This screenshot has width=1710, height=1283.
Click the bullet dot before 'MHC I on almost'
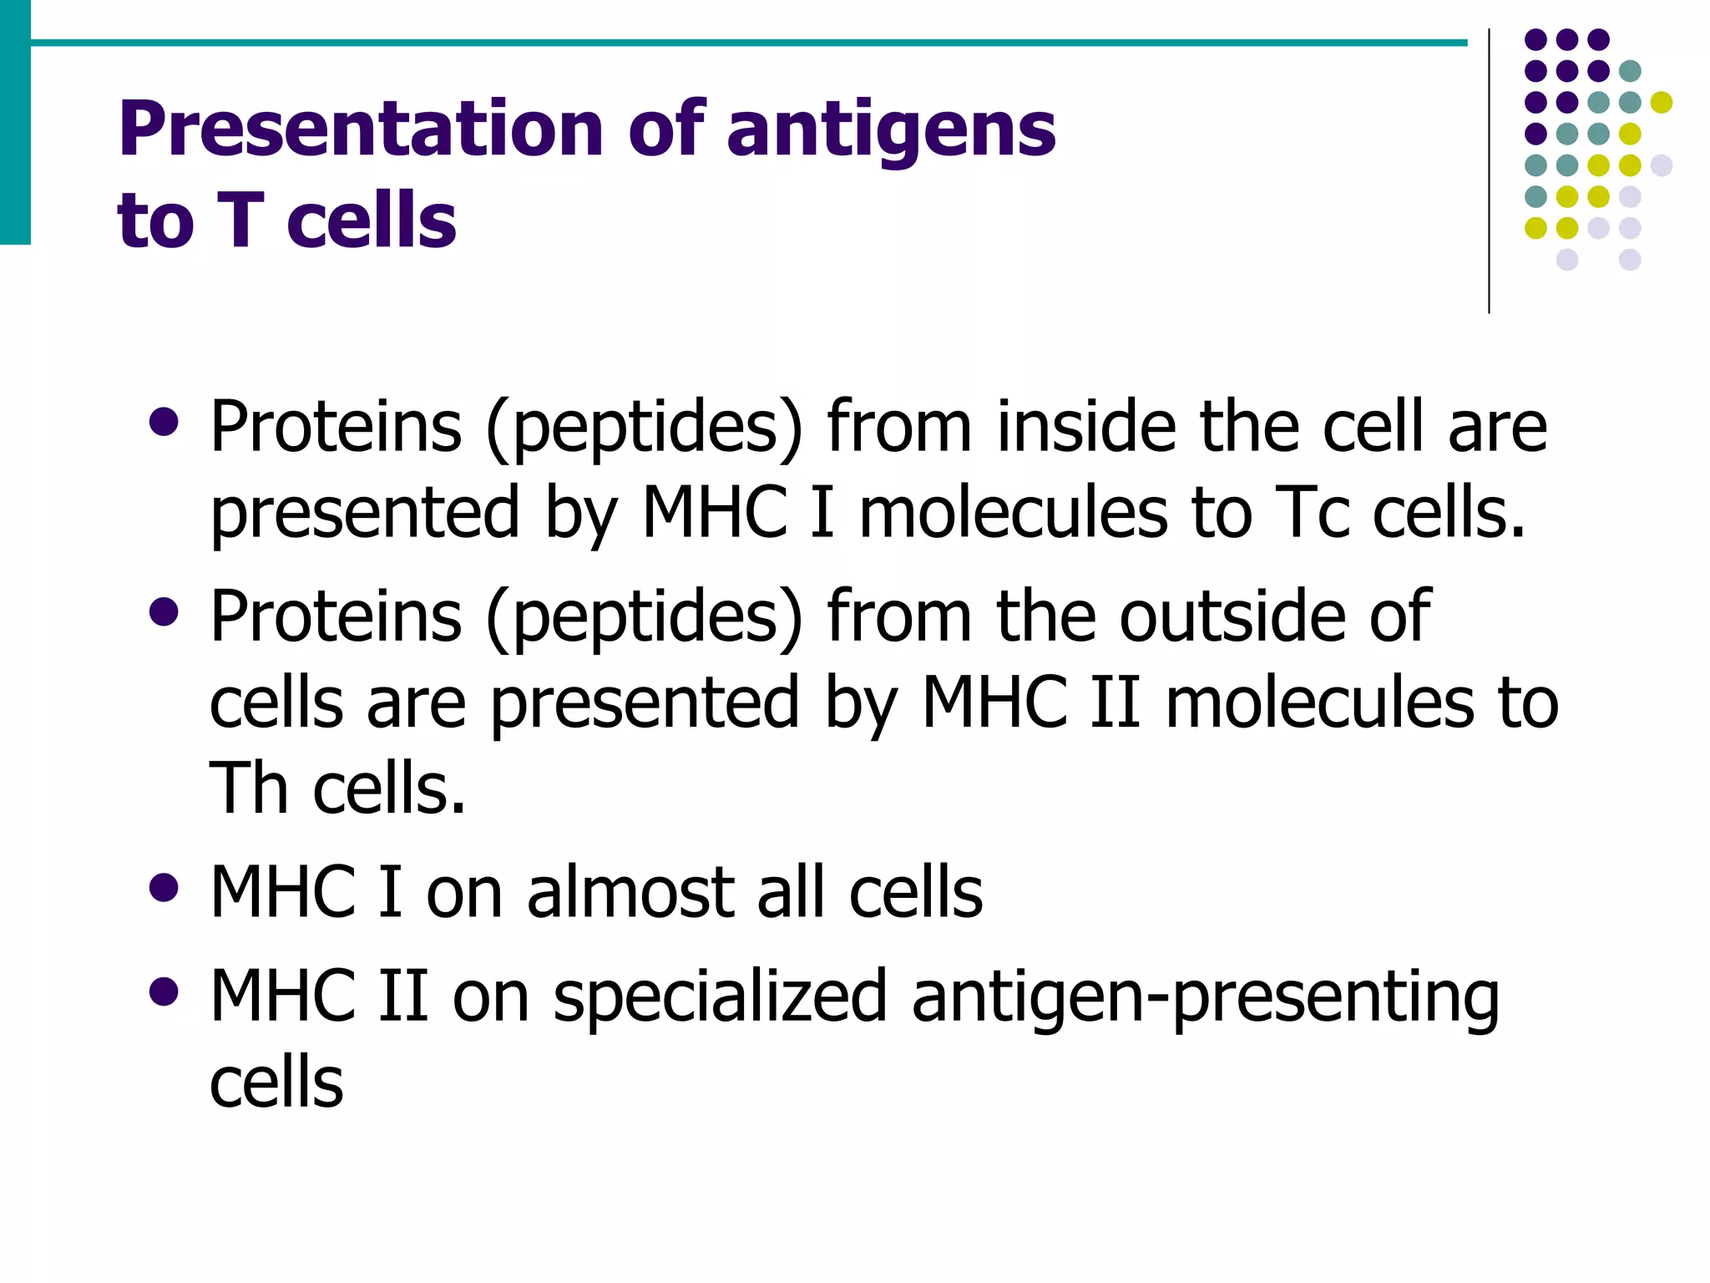tap(164, 888)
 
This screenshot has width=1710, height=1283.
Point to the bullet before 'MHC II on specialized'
tap(164, 991)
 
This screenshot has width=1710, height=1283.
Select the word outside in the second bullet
tap(1231, 616)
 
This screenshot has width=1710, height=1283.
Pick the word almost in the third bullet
tap(630, 892)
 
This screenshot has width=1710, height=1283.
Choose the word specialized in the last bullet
tap(720, 996)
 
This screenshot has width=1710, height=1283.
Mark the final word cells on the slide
tap(276, 1083)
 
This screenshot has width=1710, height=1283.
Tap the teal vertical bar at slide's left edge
tap(15, 122)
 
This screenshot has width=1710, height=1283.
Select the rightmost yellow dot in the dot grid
tap(1662, 103)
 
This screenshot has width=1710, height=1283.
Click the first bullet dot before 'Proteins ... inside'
tap(164, 422)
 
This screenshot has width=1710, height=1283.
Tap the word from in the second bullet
tap(899, 616)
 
